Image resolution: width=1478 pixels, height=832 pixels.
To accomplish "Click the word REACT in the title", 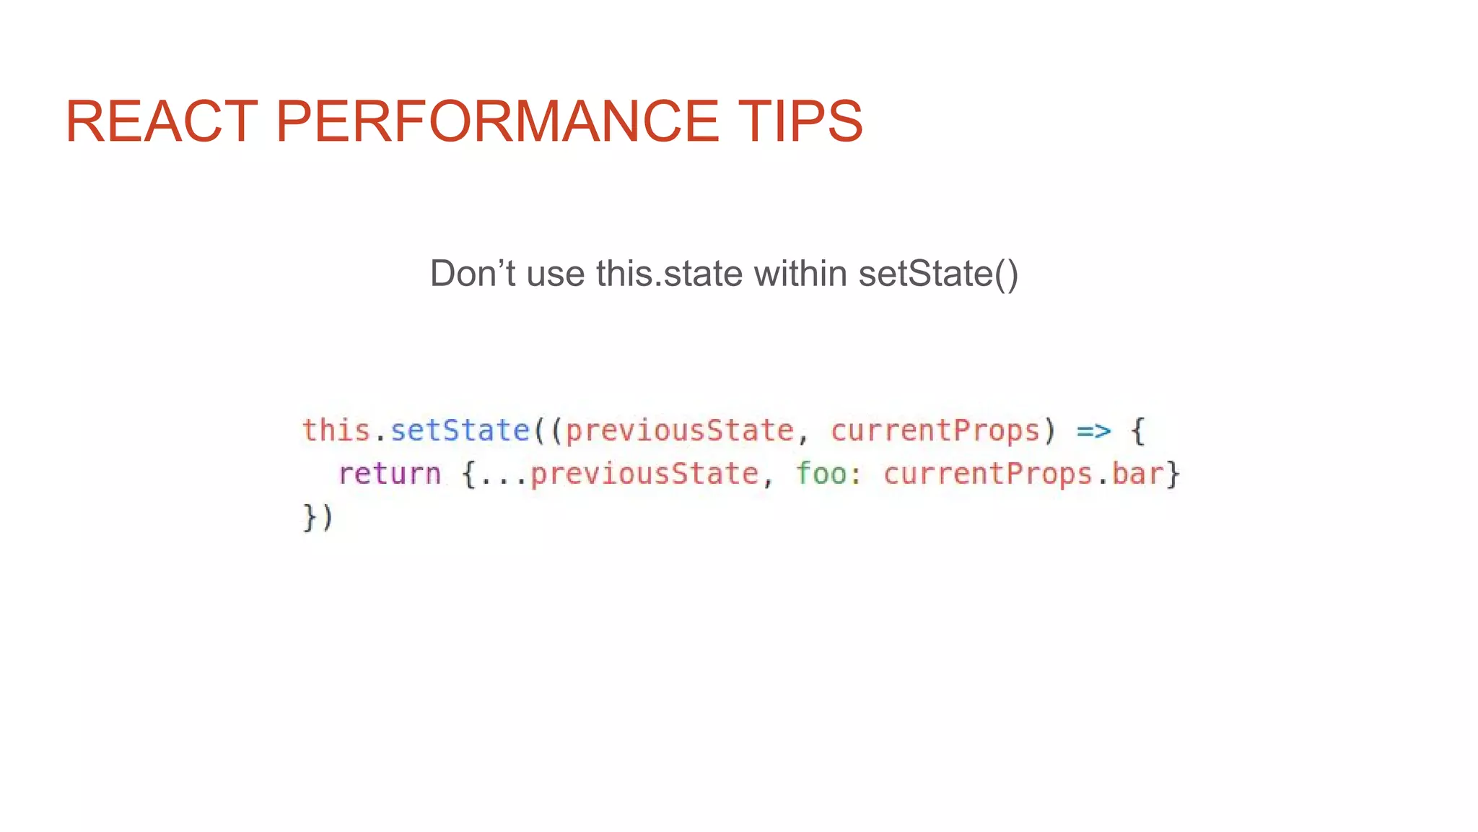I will [x=161, y=121].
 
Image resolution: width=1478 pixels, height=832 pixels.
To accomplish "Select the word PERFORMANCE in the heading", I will [x=497, y=121].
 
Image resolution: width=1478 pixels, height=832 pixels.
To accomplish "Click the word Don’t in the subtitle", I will [x=471, y=274].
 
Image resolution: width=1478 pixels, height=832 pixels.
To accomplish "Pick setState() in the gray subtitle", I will [x=938, y=274].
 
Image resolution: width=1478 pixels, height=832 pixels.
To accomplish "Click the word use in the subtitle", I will [x=555, y=274].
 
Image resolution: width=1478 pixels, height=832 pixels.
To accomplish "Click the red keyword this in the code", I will [x=336, y=430].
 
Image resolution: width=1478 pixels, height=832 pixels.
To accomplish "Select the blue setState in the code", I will [x=460, y=430].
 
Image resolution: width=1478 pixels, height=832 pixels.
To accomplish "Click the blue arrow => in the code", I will [x=1093, y=431].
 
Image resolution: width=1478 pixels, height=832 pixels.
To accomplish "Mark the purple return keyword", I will [x=389, y=474].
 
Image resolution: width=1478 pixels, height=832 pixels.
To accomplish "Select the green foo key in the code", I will [x=821, y=474].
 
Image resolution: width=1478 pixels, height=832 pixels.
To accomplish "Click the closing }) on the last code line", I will [x=318, y=518].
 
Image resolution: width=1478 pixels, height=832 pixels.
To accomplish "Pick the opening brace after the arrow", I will [x=1137, y=431].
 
